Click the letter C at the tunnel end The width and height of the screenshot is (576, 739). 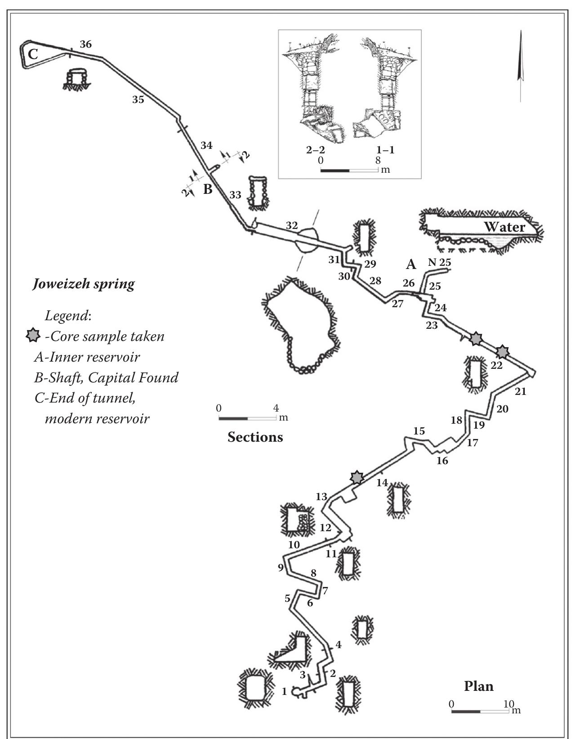coord(33,54)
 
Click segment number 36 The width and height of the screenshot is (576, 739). coord(85,44)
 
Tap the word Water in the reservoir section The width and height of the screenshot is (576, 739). coord(504,227)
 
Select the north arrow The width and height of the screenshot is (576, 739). coord(520,66)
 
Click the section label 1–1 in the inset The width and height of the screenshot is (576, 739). coord(385,150)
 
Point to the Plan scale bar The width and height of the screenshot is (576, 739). coord(480,712)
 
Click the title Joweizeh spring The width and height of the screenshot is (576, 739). coord(84,284)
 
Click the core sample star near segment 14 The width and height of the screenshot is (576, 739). coord(357,478)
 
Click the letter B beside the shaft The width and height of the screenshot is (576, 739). coord(207,189)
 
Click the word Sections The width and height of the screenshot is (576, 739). coord(255,437)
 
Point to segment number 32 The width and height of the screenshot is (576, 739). coord(292,225)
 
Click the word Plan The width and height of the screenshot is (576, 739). coord(478,686)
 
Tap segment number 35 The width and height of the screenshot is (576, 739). coord(138,99)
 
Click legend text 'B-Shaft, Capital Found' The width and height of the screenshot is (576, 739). coord(106,377)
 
